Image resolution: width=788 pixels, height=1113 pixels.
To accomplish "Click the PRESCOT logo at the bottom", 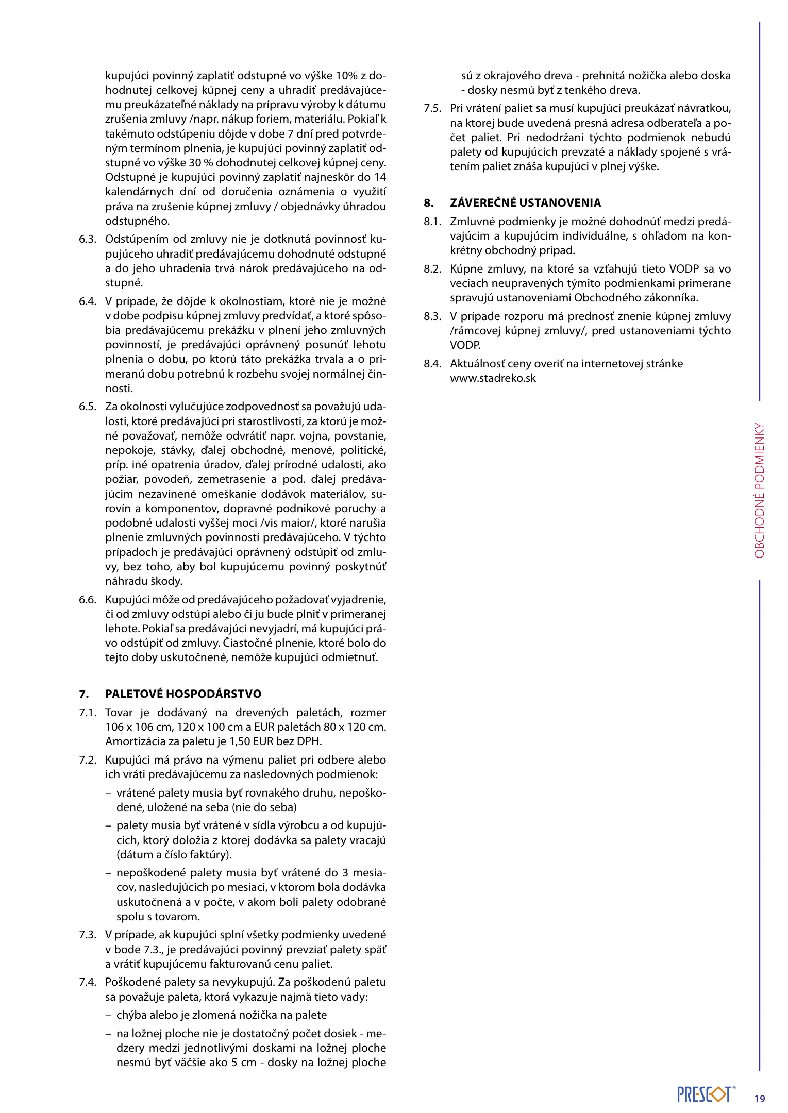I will point(704,1094).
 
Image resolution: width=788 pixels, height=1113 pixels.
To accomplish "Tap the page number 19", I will point(760,1099).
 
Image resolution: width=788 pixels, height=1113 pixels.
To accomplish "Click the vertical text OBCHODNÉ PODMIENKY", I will point(760,491).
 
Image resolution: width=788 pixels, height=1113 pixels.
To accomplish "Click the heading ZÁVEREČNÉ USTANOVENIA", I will point(525,203).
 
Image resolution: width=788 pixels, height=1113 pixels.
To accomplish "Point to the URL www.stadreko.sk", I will point(493,378).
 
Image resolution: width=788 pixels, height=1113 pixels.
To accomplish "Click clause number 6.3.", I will point(88,239).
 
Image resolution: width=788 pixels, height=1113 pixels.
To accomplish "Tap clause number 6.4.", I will point(88,301).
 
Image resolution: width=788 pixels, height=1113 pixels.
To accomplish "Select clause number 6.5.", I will point(88,407).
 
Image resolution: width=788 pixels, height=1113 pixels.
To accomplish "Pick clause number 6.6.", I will point(88,600).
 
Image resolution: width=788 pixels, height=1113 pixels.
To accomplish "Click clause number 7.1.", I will point(88,713).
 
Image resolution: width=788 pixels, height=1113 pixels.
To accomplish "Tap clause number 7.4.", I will point(88,982).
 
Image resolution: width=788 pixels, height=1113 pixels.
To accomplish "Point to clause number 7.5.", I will point(432,108).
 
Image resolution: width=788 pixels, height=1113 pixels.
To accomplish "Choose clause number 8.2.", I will point(432,269).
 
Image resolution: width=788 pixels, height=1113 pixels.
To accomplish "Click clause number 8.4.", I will point(432,364).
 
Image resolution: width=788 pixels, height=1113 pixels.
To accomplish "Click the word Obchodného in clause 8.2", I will point(605,298).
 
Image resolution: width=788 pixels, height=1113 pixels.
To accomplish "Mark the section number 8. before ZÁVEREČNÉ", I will point(429,203).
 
